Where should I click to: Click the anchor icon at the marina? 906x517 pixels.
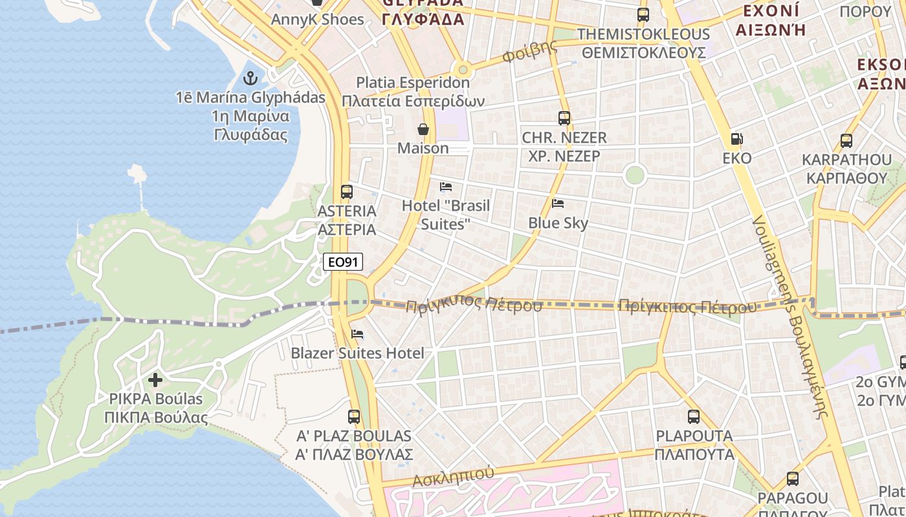tap(250, 79)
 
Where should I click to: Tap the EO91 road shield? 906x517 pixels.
tap(343, 262)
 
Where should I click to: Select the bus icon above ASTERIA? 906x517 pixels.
tap(347, 192)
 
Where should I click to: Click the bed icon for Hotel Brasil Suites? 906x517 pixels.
tap(446, 187)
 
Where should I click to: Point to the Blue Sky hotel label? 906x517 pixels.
tap(558, 223)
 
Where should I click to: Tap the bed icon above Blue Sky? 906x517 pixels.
tap(558, 204)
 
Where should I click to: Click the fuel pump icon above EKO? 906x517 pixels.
tap(736, 138)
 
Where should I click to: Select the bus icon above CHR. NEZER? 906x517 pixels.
tap(564, 118)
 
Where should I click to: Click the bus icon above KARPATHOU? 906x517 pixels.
tap(846, 140)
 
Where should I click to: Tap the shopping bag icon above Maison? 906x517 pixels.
tap(423, 129)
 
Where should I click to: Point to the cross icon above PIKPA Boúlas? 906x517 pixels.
tap(155, 379)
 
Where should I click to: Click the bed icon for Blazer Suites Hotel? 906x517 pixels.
tap(357, 334)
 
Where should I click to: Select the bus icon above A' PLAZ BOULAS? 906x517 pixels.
tap(354, 417)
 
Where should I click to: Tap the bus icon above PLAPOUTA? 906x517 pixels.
tap(694, 417)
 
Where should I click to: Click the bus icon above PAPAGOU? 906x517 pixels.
tap(793, 479)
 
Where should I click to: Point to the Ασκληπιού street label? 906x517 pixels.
tap(453, 476)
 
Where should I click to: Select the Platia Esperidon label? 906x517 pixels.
tap(414, 83)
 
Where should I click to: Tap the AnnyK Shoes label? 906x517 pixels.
tap(317, 19)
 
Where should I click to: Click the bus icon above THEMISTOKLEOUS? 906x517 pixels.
tap(643, 15)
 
